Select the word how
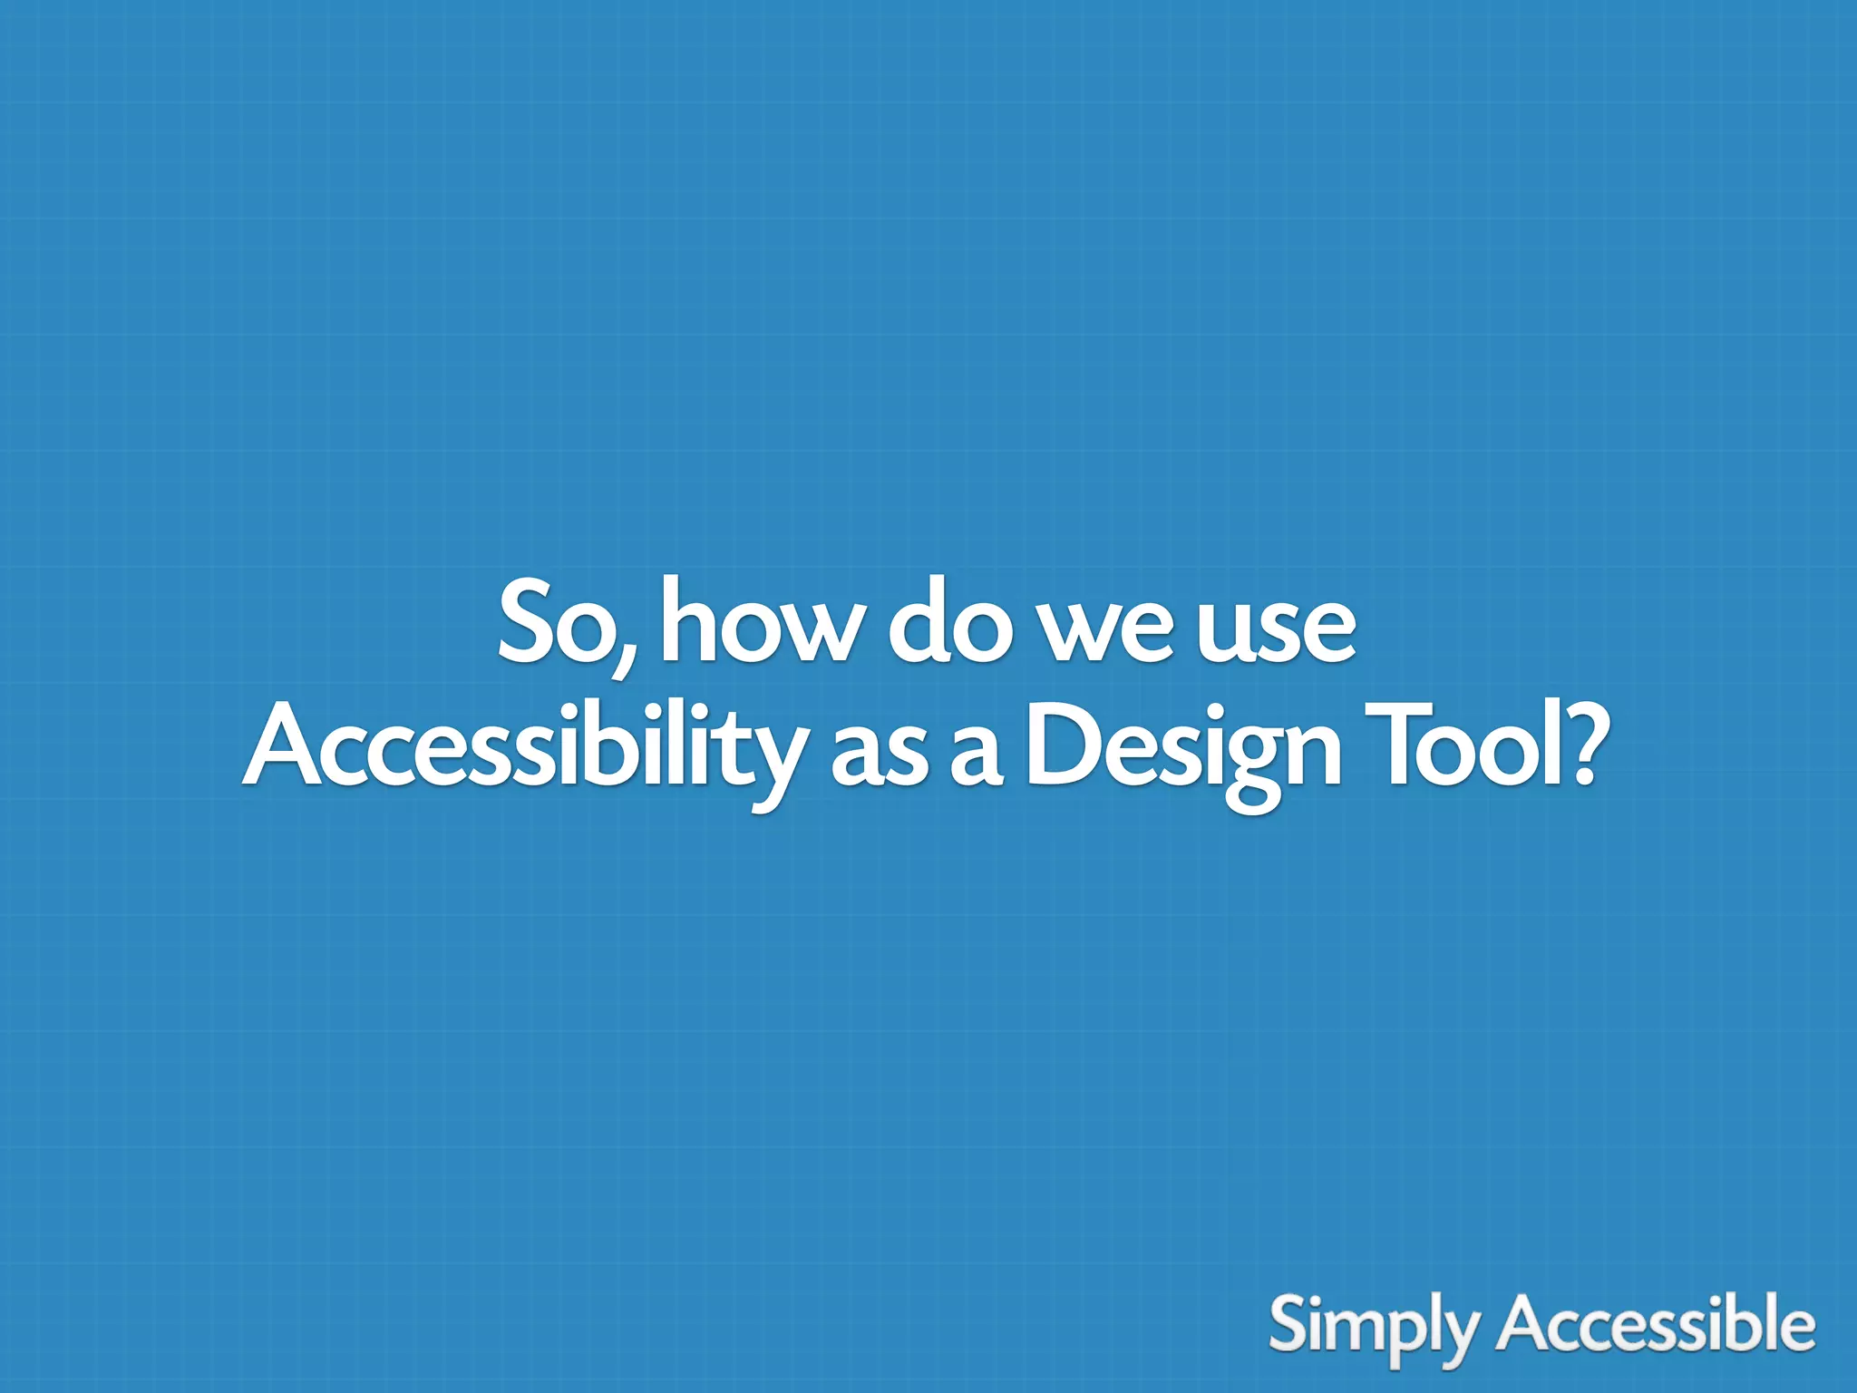pyautogui.click(x=757, y=622)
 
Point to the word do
pyautogui.click(x=948, y=622)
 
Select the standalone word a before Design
pyautogui.click(x=975, y=758)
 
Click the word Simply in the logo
pyautogui.click(x=1374, y=1326)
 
